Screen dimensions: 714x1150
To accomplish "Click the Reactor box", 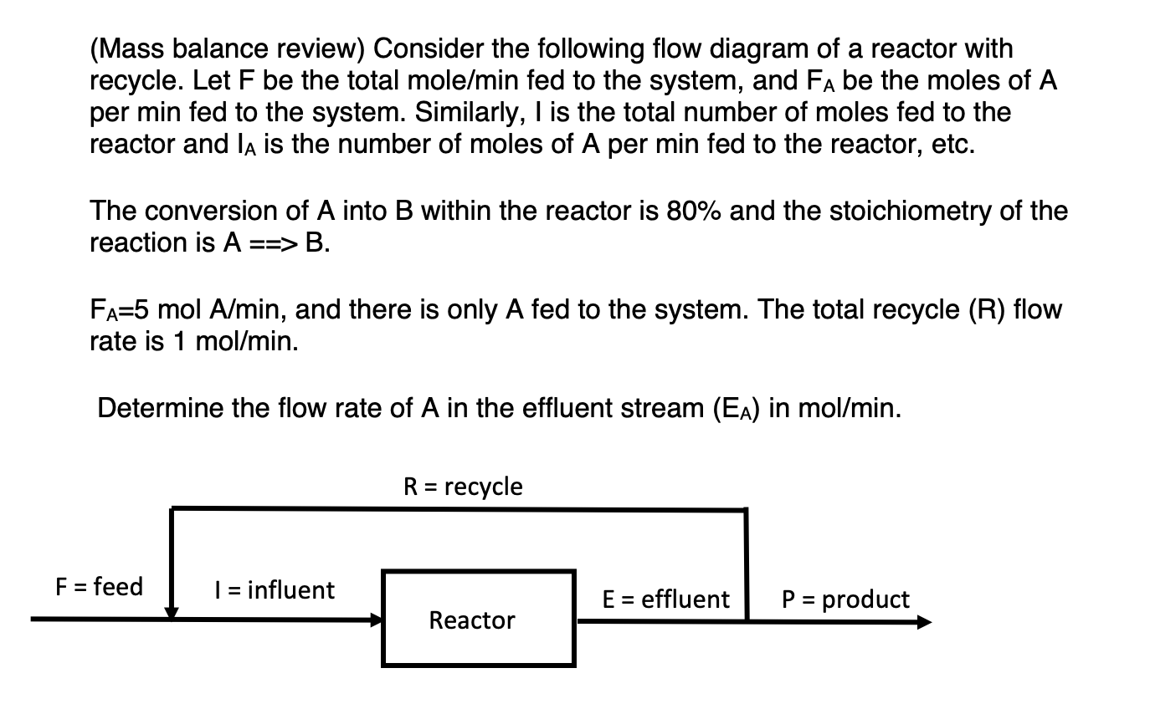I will [x=479, y=619].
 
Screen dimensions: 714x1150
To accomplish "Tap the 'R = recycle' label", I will [x=463, y=487].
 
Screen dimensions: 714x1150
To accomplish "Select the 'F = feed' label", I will [x=99, y=587].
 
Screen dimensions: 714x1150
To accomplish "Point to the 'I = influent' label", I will [x=273, y=590].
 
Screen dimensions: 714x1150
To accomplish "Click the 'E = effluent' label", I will [x=666, y=599].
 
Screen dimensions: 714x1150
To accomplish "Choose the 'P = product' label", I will [x=845, y=599].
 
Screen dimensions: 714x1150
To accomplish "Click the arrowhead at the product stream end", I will [x=923, y=622].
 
